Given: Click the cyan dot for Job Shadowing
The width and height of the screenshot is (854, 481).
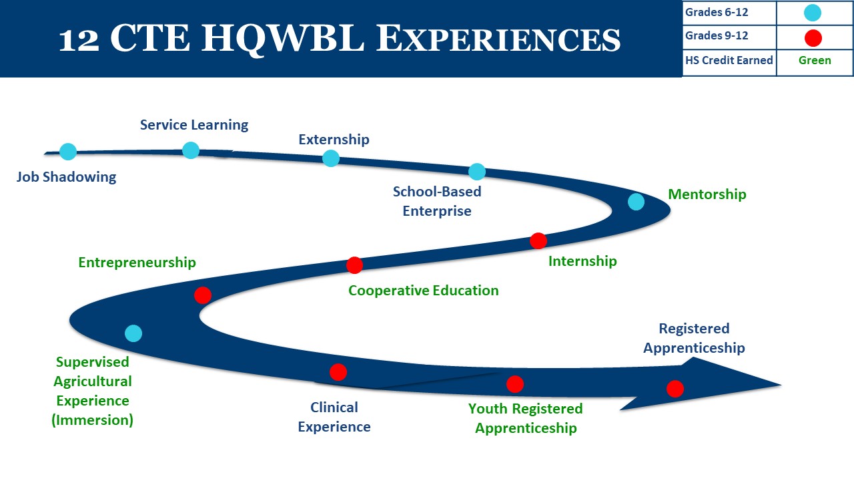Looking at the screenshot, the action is (x=68, y=152).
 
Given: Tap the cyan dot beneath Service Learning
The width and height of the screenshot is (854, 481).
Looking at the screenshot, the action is (x=191, y=150).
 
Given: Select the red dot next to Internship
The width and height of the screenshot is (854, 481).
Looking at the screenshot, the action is (x=538, y=240).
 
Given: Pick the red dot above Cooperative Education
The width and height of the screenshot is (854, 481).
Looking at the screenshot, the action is (x=354, y=265).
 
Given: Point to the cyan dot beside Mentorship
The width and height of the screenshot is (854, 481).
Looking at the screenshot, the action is (x=636, y=202).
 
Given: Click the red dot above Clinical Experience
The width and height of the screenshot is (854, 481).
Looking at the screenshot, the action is (x=338, y=372).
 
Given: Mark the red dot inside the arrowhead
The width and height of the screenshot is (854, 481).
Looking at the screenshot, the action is (x=675, y=389).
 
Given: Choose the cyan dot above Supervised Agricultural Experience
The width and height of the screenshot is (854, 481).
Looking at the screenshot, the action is (x=133, y=333).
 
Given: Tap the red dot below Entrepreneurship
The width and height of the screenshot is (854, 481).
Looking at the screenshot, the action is (x=203, y=295).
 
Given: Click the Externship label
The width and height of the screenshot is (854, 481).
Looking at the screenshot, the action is (x=334, y=140).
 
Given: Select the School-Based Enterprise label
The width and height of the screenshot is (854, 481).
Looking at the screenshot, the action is (x=437, y=201).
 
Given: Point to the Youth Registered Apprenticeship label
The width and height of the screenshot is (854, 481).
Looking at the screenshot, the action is (x=526, y=418).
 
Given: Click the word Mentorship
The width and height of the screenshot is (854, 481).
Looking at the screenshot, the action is (x=707, y=194).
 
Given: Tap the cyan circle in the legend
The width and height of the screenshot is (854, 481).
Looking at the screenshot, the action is (x=813, y=13).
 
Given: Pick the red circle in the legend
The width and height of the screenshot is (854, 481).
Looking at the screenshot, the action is (x=813, y=38).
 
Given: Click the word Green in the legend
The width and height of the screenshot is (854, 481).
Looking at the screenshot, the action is (x=815, y=60).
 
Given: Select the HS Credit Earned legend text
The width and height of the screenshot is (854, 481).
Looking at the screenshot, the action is (x=729, y=60).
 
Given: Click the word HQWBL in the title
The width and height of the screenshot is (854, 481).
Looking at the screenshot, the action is (x=283, y=39).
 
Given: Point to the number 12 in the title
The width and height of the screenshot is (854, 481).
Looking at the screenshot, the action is (x=79, y=40).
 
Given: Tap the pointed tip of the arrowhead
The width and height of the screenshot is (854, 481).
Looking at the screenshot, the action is (x=781, y=385).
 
